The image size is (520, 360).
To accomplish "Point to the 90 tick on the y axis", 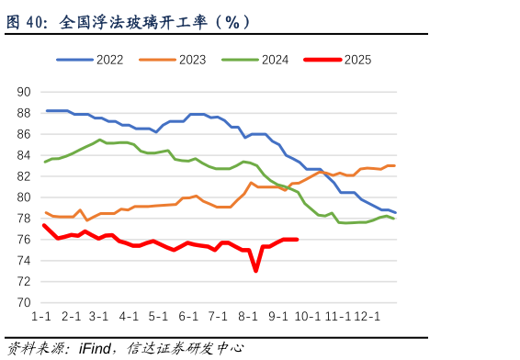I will pyautogui.click(x=24, y=92).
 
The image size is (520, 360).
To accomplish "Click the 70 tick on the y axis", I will pyautogui.click(x=24, y=303).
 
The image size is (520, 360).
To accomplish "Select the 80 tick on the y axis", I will pyautogui.click(x=24, y=197).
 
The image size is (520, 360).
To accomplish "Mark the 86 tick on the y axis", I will pyautogui.click(x=24, y=134).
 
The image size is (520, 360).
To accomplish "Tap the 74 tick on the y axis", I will pyautogui.click(x=24, y=261).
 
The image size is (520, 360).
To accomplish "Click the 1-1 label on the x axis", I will pyautogui.click(x=41, y=317).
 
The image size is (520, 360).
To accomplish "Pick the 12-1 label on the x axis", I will pyautogui.click(x=367, y=317).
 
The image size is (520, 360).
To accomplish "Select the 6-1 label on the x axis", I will pyautogui.click(x=189, y=317).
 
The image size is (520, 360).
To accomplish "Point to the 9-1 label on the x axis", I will pyautogui.click(x=278, y=317).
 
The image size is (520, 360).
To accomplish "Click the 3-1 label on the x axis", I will pyautogui.click(x=100, y=317).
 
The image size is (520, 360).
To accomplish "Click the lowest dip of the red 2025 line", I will pyautogui.click(x=255, y=271).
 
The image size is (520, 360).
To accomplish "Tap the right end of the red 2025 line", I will pyautogui.click(x=297, y=240).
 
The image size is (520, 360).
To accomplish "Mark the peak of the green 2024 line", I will pyautogui.click(x=100, y=140).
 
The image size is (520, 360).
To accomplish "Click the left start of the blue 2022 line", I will pyautogui.click(x=47, y=111).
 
